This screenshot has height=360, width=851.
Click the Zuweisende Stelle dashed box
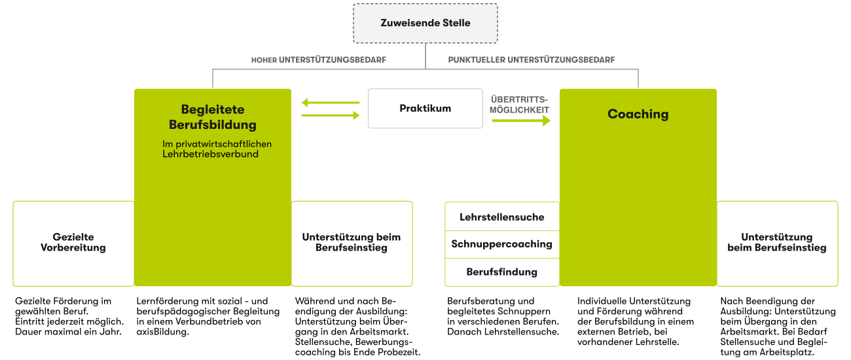pyautogui.click(x=425, y=23)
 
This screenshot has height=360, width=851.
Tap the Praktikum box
pyautogui.click(x=425, y=109)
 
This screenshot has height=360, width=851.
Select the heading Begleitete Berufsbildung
pyautogui.click(x=213, y=117)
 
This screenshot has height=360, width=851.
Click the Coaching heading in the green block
pyautogui.click(x=638, y=114)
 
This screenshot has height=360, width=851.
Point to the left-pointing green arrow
pyautogui.click(x=331, y=103)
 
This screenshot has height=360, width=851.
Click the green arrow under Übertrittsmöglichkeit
pyautogui.click(x=521, y=120)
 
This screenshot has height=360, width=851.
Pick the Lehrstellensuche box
pyautogui.click(x=502, y=217)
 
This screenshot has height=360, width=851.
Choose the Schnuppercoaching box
pyautogui.click(x=502, y=244)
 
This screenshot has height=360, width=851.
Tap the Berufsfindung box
pyautogui.click(x=502, y=272)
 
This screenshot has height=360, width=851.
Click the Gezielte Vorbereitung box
pyautogui.click(x=73, y=243)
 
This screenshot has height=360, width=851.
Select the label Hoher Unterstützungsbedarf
pyautogui.click(x=318, y=60)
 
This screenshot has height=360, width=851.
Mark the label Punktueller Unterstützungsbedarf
pyautogui.click(x=531, y=60)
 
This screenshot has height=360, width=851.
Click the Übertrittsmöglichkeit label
pyautogui.click(x=519, y=105)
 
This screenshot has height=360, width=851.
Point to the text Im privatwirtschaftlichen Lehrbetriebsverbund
pyautogui.click(x=217, y=149)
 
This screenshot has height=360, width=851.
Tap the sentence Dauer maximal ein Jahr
pyautogui.click(x=68, y=332)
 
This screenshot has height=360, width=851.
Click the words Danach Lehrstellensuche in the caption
pyautogui.click(x=503, y=332)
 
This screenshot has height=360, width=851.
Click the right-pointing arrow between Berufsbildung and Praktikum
pyautogui.click(x=331, y=115)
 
